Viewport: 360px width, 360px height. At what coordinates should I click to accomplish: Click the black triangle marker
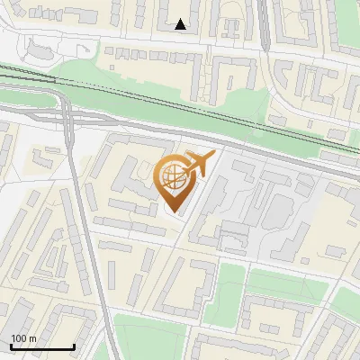point(181,24)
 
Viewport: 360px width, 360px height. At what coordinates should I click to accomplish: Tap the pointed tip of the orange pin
point(174,212)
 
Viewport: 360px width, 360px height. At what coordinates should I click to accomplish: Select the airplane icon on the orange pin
point(199,164)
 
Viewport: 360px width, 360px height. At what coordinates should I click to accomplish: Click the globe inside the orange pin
point(173,179)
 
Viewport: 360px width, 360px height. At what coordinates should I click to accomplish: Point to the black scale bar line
point(42,347)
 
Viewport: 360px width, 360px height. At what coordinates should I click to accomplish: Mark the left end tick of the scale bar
point(12,346)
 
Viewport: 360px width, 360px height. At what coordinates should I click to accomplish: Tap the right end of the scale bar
point(73,346)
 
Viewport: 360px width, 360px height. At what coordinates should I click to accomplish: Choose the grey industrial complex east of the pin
point(261,202)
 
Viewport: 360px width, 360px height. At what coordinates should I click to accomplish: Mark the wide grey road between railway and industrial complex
point(270,155)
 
